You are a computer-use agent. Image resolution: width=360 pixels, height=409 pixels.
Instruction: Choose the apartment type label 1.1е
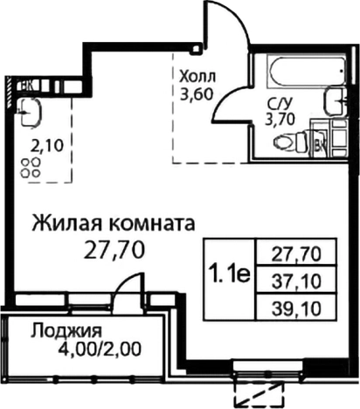(229, 275)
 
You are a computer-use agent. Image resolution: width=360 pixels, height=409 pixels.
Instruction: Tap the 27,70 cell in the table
(298, 254)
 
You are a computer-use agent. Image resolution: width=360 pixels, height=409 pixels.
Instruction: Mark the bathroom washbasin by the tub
(335, 99)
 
